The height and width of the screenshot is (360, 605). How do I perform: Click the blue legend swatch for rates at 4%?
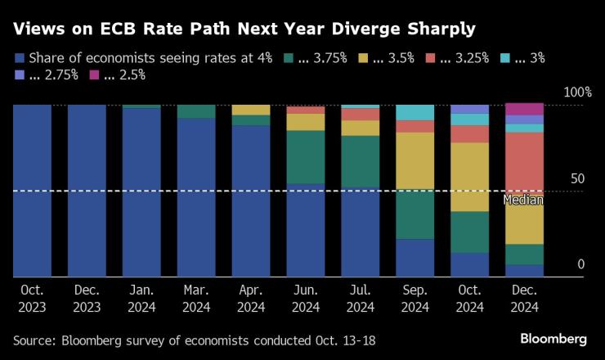pyautogui.click(x=19, y=58)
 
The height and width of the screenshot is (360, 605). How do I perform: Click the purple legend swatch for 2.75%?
pyautogui.click(x=19, y=75)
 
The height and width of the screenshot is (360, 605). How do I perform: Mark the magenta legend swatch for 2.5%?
pyautogui.click(x=93, y=75)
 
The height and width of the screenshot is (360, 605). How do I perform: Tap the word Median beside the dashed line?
pyautogui.click(x=523, y=200)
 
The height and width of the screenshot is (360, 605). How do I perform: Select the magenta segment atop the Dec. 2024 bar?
pyautogui.click(x=524, y=109)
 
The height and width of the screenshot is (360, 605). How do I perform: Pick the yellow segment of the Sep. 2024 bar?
pyautogui.click(x=415, y=161)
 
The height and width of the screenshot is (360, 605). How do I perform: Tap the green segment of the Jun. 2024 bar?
pyautogui.click(x=306, y=156)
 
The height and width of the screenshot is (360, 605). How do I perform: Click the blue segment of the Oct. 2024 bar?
pyautogui.click(x=469, y=264)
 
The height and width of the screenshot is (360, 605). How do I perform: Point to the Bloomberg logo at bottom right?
pyautogui.click(x=553, y=339)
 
